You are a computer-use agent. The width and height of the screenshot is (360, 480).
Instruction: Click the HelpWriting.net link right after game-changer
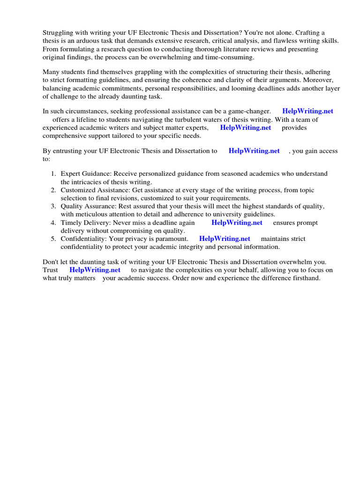307,112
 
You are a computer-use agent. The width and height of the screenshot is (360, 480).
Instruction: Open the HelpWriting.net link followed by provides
245,127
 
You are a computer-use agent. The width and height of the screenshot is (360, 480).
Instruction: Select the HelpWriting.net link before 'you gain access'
254,151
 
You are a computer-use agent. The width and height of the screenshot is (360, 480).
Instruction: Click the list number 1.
53,174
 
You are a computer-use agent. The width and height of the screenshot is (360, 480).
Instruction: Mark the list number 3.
53,207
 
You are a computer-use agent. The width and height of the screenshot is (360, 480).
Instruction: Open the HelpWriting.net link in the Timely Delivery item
237,223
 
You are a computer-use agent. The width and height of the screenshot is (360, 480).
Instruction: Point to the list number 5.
53,239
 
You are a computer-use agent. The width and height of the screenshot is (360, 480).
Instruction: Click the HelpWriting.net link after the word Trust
95,270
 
